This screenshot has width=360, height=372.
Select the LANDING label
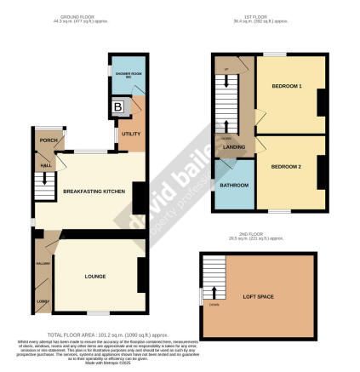234,146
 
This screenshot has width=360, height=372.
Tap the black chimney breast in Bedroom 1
321,104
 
